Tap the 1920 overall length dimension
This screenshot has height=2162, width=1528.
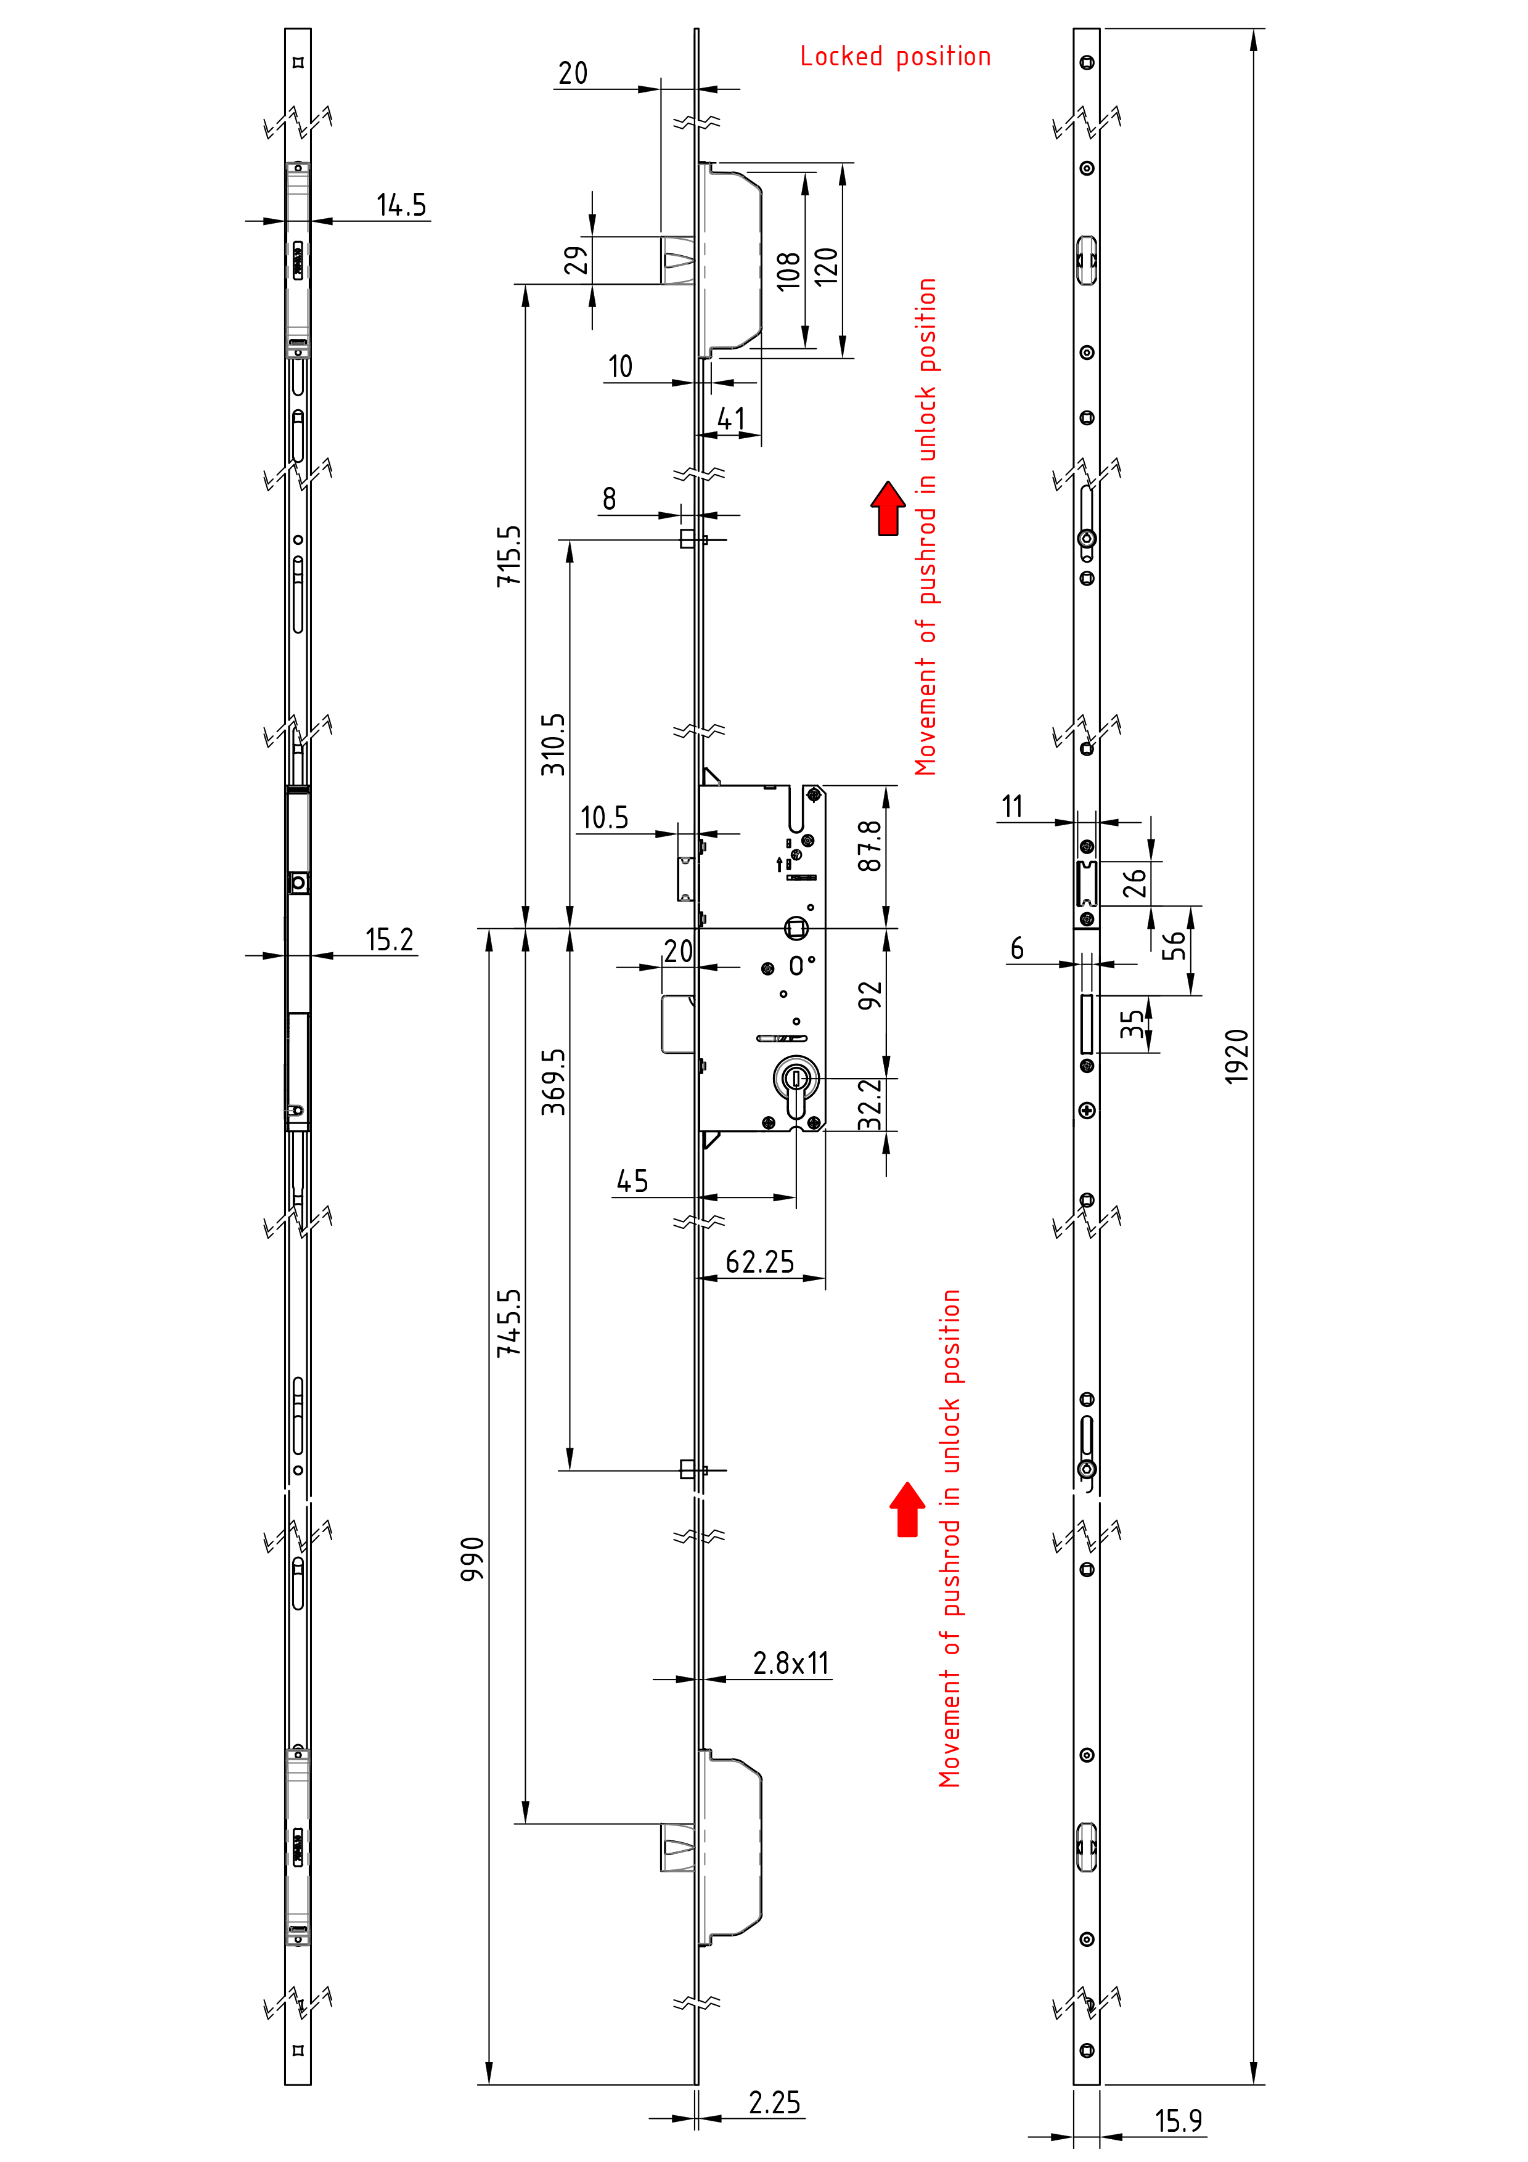[x=1236, y=1056]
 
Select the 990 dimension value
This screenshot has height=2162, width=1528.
[x=473, y=1559]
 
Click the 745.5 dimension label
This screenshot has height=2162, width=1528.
[x=509, y=1323]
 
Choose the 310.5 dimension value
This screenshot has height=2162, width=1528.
[x=554, y=744]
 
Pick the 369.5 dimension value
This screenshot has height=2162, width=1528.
[x=554, y=1082]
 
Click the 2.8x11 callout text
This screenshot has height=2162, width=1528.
[x=791, y=1664]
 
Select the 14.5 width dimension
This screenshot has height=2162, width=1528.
[x=401, y=205]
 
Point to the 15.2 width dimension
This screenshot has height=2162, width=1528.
[x=389, y=940]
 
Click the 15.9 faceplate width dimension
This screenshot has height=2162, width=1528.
[x=1178, y=2121]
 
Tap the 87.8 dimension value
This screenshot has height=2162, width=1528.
[x=870, y=846]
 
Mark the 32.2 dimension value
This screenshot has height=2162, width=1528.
[x=870, y=1104]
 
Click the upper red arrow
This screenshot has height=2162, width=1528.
[x=888, y=508]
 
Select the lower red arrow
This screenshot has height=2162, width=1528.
[x=907, y=1509]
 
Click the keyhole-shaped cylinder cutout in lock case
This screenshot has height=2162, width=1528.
[x=796, y=1088]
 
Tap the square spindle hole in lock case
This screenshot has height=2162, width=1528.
[x=796, y=929]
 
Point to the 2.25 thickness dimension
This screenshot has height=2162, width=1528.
[x=774, y=2103]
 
